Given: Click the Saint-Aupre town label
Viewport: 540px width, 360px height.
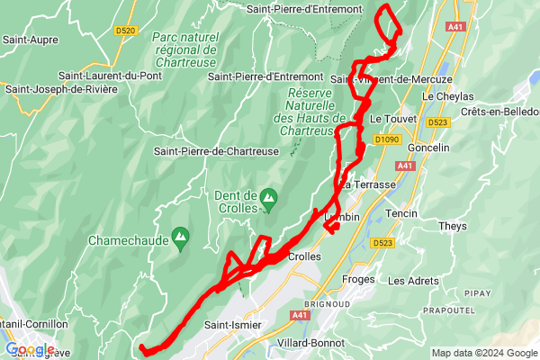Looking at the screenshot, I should [31, 40].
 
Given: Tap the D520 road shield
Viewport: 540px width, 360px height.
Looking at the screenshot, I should [126, 31].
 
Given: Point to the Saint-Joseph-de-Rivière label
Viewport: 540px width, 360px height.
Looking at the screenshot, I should [60, 89].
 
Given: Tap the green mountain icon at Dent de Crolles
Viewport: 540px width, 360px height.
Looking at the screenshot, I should [268, 196].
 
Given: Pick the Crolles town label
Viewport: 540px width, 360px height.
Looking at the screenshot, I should [304, 256].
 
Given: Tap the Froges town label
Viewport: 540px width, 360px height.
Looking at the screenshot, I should [359, 280].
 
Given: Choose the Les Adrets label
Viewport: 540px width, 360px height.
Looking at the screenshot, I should [414, 281].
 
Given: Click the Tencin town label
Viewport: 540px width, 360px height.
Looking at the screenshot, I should [401, 213].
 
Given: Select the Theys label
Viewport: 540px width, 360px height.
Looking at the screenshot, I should [453, 226].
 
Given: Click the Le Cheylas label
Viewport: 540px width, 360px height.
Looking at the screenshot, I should [447, 95].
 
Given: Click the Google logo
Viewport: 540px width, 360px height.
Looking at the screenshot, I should [29, 350].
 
